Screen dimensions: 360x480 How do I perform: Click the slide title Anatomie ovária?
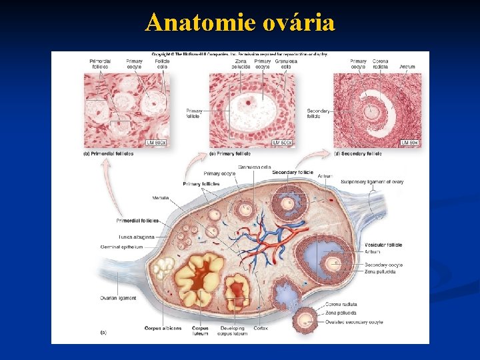tap(240, 23)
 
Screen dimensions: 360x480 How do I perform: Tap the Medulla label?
tap(160, 198)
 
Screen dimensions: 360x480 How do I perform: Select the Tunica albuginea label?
tap(137, 237)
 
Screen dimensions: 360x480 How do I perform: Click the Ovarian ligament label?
tap(118, 298)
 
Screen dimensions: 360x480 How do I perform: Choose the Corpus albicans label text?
tap(163, 328)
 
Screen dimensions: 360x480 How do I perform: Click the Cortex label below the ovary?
tap(261, 328)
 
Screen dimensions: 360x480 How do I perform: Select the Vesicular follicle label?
tap(383, 245)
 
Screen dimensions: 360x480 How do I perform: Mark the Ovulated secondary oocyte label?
tap(354, 322)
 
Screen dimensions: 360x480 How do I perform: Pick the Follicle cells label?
tap(162, 64)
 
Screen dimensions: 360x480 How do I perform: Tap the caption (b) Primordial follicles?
tap(108, 153)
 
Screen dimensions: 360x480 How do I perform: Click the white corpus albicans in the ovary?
tap(163, 268)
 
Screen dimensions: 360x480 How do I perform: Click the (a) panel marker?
tap(103, 331)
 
